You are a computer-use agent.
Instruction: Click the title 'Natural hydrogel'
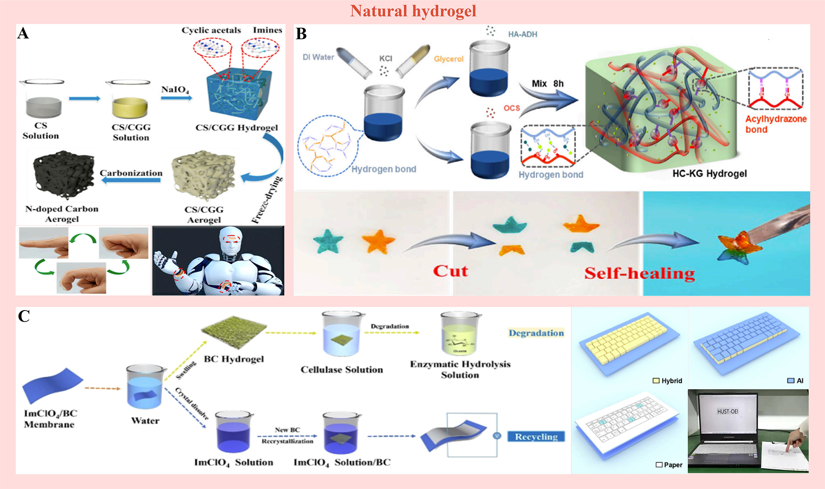click(x=413, y=11)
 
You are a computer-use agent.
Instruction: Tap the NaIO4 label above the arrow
click(x=175, y=89)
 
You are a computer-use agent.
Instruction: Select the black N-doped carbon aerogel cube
click(x=63, y=174)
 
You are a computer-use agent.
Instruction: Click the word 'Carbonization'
click(x=131, y=173)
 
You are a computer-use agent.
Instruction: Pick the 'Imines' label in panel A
click(x=267, y=30)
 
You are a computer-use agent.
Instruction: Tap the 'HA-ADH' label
click(x=522, y=34)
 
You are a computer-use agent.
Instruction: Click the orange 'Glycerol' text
click(x=448, y=59)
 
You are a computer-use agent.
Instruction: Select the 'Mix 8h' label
click(x=548, y=84)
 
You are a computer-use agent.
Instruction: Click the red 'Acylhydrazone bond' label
click(x=775, y=124)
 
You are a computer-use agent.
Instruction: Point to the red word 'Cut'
click(x=450, y=271)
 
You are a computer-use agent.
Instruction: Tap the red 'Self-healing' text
click(x=639, y=273)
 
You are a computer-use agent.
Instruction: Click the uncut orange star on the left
click(x=378, y=241)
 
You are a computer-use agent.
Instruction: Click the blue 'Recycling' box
click(x=536, y=436)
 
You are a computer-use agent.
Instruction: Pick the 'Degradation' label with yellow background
click(x=536, y=333)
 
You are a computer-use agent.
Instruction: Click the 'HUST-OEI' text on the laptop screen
click(x=727, y=411)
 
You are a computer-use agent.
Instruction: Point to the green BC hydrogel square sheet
click(x=234, y=330)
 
